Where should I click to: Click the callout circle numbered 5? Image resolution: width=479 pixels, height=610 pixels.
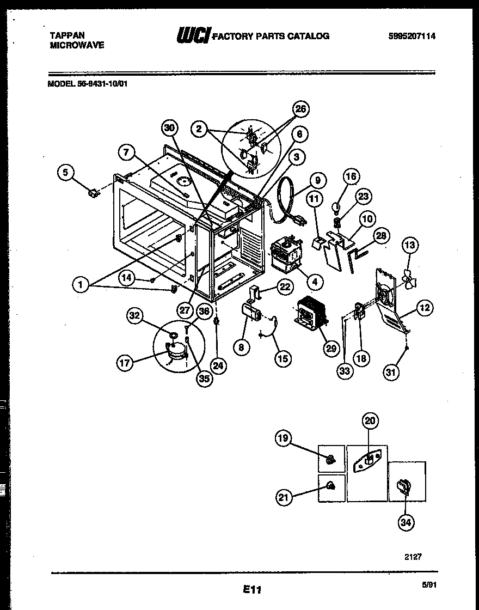pos(65,173)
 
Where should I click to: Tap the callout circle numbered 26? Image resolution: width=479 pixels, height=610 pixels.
pos(300,109)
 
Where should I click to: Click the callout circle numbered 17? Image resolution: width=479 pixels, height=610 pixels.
pos(126,363)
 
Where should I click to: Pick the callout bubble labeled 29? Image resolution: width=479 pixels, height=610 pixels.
pos(331,349)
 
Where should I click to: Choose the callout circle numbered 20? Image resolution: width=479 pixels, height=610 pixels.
pos(371,420)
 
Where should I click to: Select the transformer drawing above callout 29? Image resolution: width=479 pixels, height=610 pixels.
pos(310,313)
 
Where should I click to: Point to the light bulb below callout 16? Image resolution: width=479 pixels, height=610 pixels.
pos(336,207)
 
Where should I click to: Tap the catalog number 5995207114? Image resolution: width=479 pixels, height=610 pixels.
pos(412,36)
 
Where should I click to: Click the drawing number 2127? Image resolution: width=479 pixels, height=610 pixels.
pos(413,557)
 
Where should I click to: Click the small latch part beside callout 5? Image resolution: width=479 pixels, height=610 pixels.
pos(93,192)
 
